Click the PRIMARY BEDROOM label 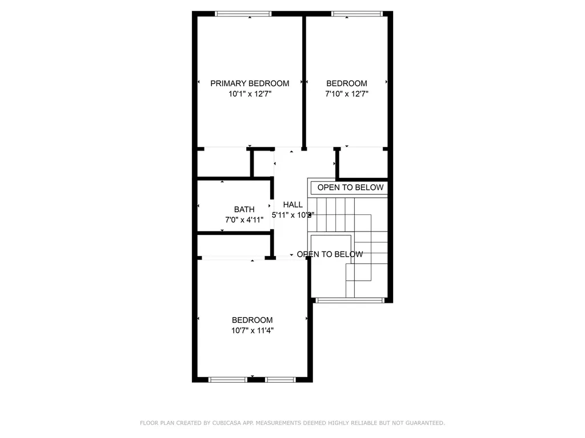(x=250, y=83)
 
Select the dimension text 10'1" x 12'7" (x=250, y=94)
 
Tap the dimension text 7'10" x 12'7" (x=347, y=94)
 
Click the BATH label (x=244, y=209)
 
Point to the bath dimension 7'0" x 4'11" (x=244, y=220)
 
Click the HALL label (x=292, y=205)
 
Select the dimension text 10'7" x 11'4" (x=252, y=330)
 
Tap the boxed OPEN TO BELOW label (x=351, y=188)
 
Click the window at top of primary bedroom (x=243, y=14)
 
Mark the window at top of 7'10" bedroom (x=357, y=14)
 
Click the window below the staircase (x=349, y=300)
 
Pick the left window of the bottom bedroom (x=227, y=379)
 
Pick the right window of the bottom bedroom (x=281, y=379)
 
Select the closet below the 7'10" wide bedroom (x=364, y=163)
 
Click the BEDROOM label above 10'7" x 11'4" (x=252, y=320)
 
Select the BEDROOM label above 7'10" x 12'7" (x=347, y=83)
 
